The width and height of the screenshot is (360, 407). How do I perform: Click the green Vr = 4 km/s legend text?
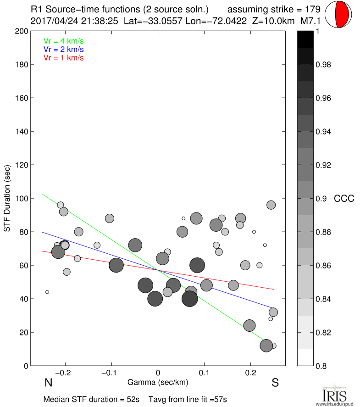[x=63, y=40]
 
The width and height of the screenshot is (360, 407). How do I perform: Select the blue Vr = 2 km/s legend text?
[x=63, y=49]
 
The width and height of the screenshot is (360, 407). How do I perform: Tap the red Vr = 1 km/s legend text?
[x=63, y=58]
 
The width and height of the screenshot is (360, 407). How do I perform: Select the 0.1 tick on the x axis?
[x=205, y=374]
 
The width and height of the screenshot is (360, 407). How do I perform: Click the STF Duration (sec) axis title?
[x=7, y=198]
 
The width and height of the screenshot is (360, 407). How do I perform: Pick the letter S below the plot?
[x=275, y=383]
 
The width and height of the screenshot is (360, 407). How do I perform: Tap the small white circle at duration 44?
[x=47, y=292]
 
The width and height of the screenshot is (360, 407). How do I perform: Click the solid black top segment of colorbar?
[x=305, y=39]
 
